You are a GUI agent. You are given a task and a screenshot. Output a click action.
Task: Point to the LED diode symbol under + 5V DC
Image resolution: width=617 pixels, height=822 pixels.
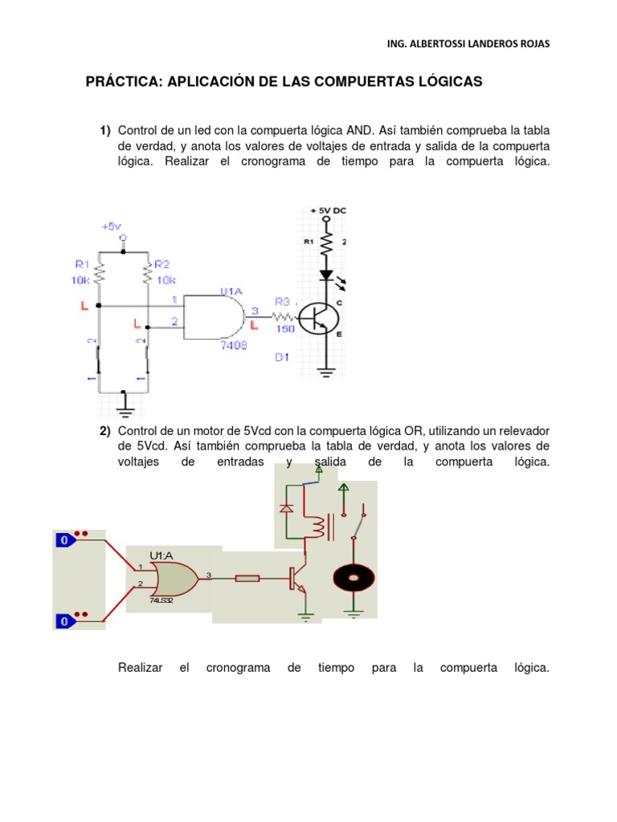click(326, 275)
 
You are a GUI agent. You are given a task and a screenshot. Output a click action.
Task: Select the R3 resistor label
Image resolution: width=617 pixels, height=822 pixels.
click(282, 301)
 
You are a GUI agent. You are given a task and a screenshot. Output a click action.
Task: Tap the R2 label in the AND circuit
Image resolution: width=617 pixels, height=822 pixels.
click(162, 263)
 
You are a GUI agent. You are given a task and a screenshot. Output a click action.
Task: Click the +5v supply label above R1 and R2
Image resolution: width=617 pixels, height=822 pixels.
click(111, 227)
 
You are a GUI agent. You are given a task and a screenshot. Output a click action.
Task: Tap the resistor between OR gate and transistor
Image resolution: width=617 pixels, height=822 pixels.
click(247, 577)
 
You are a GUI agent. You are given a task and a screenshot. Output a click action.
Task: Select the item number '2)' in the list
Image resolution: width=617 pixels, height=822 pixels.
click(105, 431)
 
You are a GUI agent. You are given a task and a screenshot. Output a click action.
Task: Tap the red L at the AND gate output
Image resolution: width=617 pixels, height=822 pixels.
click(254, 325)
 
